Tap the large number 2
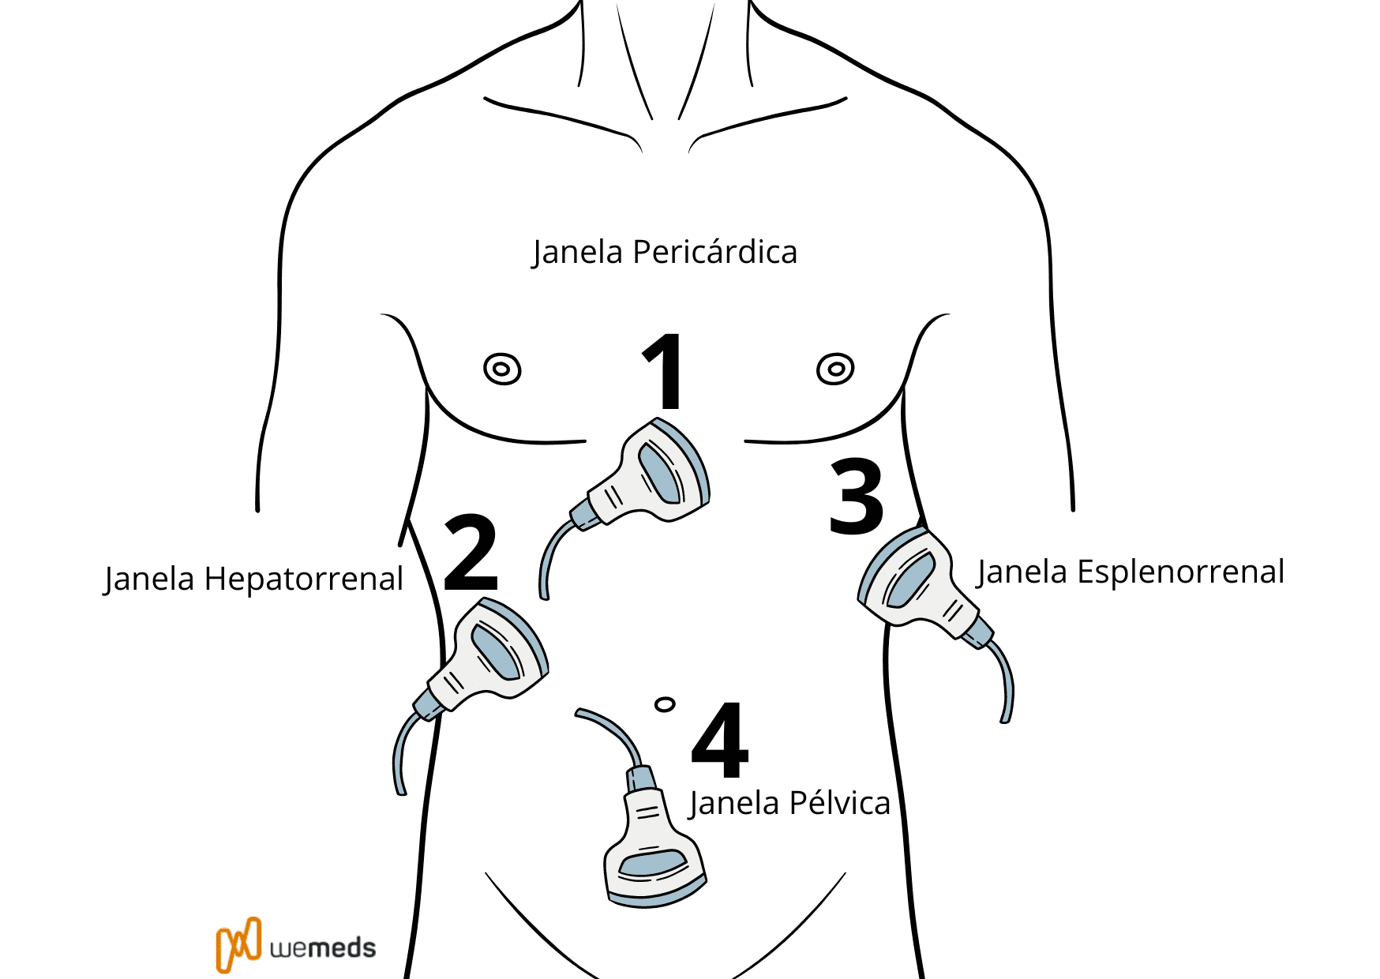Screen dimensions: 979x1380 471,553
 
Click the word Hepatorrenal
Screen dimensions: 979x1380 304,579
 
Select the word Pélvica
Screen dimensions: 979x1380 839,803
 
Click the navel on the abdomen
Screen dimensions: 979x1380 665,703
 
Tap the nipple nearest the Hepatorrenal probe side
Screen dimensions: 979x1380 502,369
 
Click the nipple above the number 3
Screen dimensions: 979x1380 835,369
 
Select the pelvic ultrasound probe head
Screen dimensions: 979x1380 654,865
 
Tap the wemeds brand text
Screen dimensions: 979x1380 323,947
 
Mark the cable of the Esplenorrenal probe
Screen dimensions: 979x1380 1005,679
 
